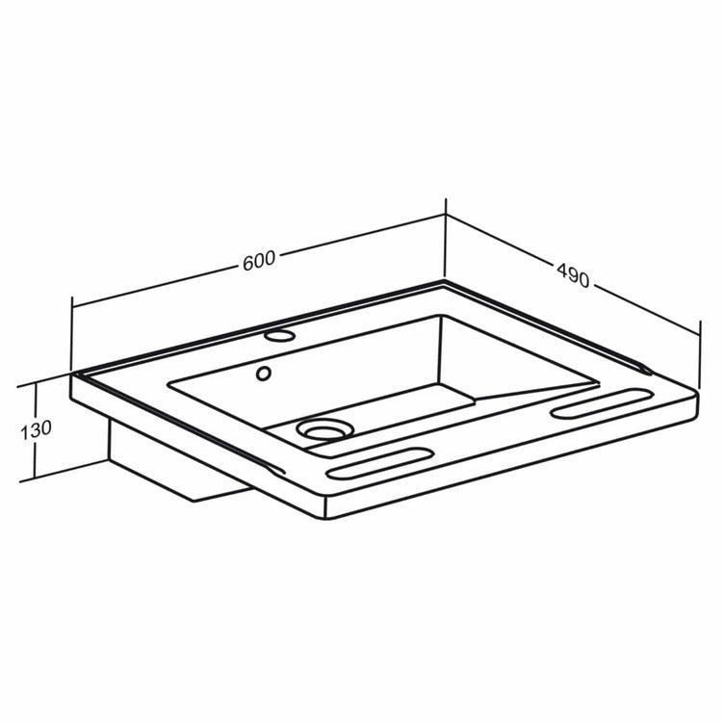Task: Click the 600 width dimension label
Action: (259, 261)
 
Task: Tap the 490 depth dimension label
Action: (573, 275)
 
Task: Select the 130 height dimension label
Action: (36, 429)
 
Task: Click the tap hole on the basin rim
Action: (279, 336)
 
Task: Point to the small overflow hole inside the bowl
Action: (263, 374)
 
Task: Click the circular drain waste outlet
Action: (322, 429)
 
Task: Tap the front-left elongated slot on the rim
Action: (380, 463)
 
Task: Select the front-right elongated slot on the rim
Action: (602, 404)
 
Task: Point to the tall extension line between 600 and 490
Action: (446, 238)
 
